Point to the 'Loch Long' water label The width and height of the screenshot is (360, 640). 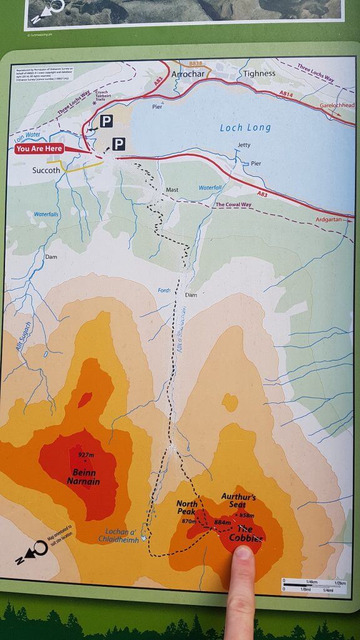[x=245, y=127]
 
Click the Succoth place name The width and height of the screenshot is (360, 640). [x=46, y=169]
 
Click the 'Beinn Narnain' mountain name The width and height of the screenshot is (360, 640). [x=83, y=477]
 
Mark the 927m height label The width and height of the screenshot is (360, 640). [x=86, y=454]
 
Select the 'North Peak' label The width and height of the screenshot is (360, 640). [x=186, y=508]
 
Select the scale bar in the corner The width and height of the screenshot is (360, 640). [x=312, y=587]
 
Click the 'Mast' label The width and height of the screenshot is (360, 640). [x=172, y=189]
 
